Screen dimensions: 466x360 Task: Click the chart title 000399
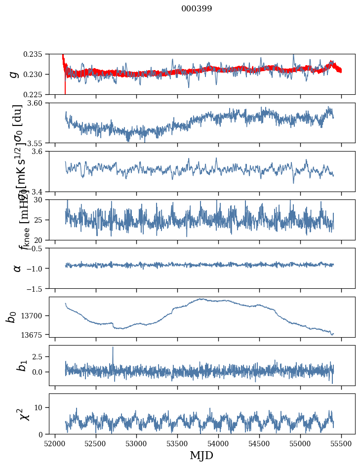(x=197, y=9)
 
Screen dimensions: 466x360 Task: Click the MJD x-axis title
(x=201, y=455)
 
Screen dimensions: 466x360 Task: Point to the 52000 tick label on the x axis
(x=55, y=443)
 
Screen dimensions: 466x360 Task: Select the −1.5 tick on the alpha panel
(x=38, y=288)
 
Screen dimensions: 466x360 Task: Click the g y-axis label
(x=14, y=74)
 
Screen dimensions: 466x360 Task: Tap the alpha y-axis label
(x=17, y=268)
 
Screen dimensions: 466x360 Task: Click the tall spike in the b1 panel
(x=113, y=348)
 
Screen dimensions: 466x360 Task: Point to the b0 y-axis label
(x=12, y=316)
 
